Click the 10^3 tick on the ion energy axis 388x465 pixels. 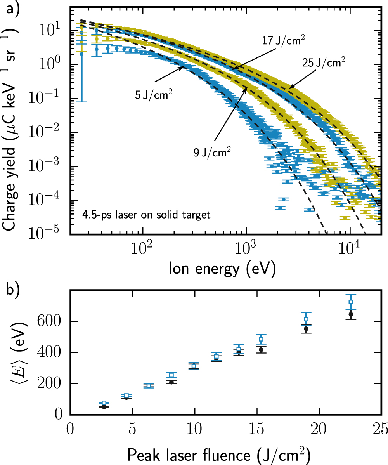(246, 249)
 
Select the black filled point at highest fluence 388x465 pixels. (351, 314)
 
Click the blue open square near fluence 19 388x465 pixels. (306, 319)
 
